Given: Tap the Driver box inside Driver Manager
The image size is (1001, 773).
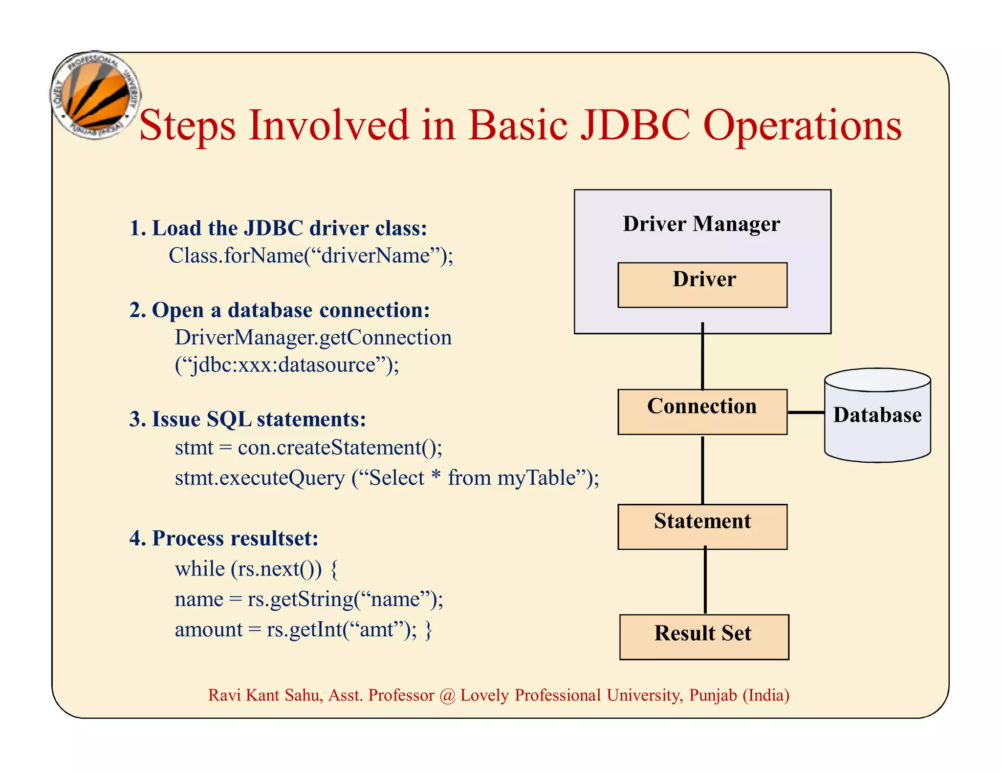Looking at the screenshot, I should [702, 285].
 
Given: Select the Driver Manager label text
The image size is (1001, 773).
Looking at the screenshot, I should [701, 224].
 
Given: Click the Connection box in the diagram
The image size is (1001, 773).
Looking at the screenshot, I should [702, 411].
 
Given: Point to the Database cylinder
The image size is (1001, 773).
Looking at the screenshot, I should [877, 415].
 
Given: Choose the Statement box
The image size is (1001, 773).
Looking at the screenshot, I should [702, 526].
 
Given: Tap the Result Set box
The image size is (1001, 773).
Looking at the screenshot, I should [704, 637].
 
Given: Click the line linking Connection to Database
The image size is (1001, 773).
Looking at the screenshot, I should [805, 412].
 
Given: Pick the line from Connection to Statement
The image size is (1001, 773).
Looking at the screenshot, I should [702, 469].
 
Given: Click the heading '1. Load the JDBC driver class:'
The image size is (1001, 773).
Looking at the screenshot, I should [278, 228].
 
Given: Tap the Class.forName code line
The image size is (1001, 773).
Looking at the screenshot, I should [311, 256].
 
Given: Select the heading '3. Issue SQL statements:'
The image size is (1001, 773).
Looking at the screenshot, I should [247, 419].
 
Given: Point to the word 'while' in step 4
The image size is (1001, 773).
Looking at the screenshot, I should [199, 569].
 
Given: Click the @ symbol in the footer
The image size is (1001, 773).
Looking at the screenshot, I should [447, 695].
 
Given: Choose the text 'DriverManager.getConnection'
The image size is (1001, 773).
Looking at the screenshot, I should [313, 338].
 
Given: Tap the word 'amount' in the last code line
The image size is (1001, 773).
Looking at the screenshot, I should [209, 629].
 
